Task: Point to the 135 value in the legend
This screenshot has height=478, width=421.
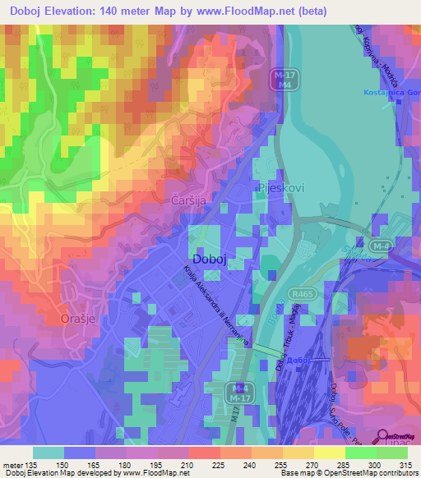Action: (x=32, y=464)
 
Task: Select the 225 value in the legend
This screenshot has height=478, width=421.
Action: (x=218, y=464)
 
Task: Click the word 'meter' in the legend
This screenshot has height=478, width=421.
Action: (x=12, y=464)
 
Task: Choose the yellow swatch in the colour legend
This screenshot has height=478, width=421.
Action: (x=329, y=452)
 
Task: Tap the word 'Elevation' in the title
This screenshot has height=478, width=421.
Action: (x=80, y=11)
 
